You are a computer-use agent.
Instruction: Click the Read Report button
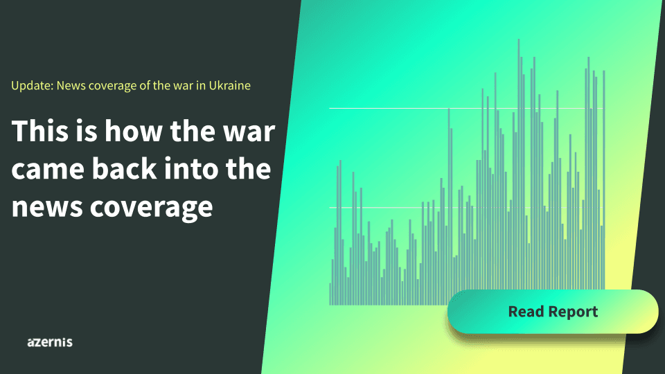point(553,311)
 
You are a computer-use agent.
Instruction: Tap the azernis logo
point(50,342)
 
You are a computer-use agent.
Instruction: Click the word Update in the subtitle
point(33,86)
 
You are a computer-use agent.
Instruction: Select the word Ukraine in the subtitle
point(229,86)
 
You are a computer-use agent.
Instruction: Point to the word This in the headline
point(40,131)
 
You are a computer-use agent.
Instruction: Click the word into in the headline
point(191,168)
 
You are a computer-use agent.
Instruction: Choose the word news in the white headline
point(47,206)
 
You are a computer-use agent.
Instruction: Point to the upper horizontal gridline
point(466,109)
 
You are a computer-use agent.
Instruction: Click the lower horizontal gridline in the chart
point(466,208)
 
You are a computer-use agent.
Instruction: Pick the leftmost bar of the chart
point(330,294)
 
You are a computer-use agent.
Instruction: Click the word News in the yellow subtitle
point(71,86)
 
